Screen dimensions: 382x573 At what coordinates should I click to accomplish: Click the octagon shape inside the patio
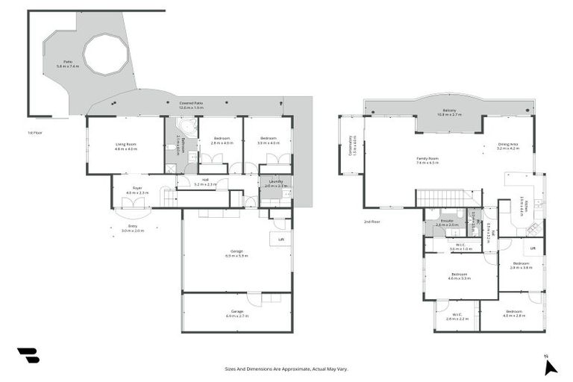click(x=105, y=54)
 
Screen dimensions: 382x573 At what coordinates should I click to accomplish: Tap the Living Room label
click(x=126, y=144)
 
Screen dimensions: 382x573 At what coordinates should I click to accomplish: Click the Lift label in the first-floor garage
click(x=281, y=239)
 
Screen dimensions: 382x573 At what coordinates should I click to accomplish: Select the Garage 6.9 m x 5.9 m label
click(x=237, y=254)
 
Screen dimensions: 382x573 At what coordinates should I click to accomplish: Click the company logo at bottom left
click(x=28, y=356)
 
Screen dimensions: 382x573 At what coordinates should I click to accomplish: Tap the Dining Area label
click(x=508, y=146)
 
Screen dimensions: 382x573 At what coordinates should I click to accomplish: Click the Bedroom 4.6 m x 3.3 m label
click(x=460, y=276)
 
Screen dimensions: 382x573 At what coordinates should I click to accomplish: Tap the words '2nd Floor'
click(x=372, y=222)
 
